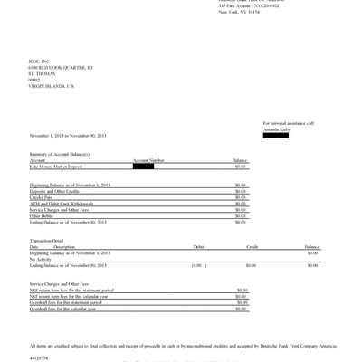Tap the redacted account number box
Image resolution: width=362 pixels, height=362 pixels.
(x=143, y=166)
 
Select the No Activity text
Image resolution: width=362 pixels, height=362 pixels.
(x=42, y=259)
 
